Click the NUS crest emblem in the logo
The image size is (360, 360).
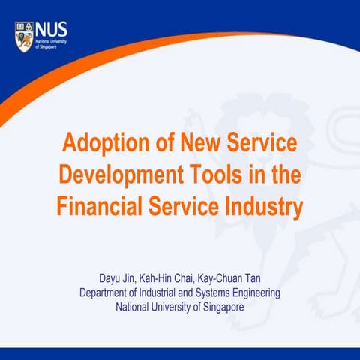(x=22, y=33)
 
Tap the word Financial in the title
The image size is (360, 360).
(x=100, y=205)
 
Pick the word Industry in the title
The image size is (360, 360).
(x=262, y=205)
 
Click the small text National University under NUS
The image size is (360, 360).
(x=50, y=42)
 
